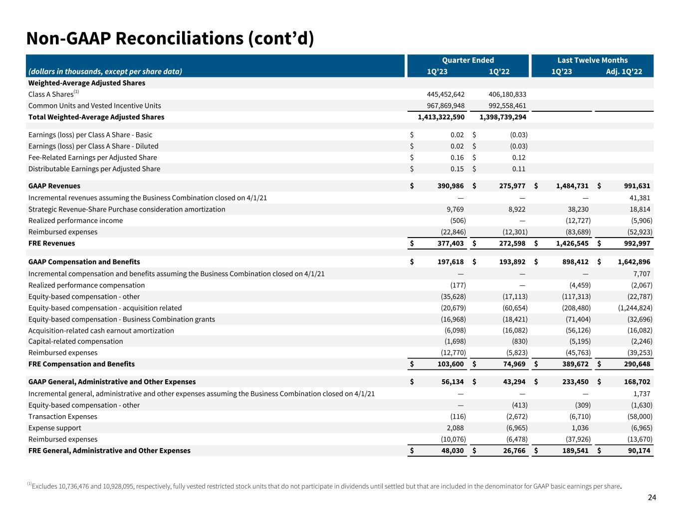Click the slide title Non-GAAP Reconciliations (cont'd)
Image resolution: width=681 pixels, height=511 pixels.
pos(170,38)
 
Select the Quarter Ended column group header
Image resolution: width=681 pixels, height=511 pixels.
pos(467,60)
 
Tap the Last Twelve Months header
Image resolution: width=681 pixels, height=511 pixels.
pos(592,60)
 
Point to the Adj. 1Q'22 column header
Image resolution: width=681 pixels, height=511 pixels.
pos(624,71)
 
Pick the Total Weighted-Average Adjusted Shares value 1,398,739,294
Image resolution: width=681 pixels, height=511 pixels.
pos(502,117)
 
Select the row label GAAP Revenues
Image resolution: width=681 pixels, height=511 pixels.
pos(54,186)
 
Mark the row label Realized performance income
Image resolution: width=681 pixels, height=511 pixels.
pos(75,221)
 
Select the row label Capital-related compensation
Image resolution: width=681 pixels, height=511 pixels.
pos(75,341)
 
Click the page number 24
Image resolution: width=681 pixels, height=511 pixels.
pos(652,497)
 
